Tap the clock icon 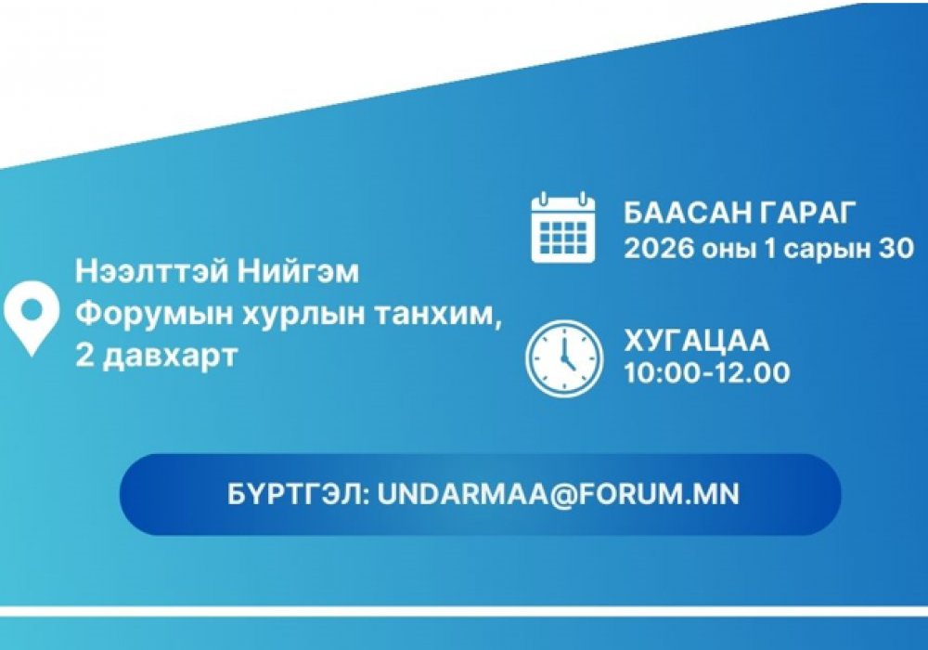564,358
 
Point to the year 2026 659,249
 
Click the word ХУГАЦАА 697,341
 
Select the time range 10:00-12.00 707,373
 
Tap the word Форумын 154,315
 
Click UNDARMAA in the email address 463,494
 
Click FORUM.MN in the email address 659,494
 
